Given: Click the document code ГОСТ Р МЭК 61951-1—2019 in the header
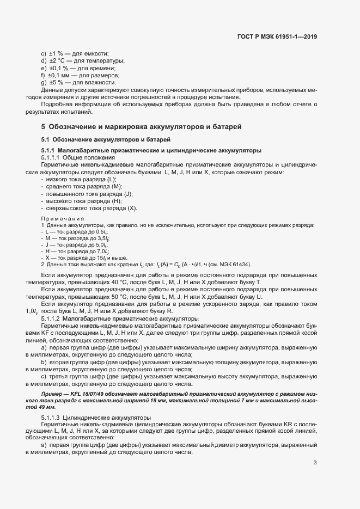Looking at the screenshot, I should point(277,36).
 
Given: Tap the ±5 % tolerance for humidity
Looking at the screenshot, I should point(57,82).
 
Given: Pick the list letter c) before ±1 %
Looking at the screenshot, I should point(44,53).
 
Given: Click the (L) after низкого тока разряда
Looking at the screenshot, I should point(112,179).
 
